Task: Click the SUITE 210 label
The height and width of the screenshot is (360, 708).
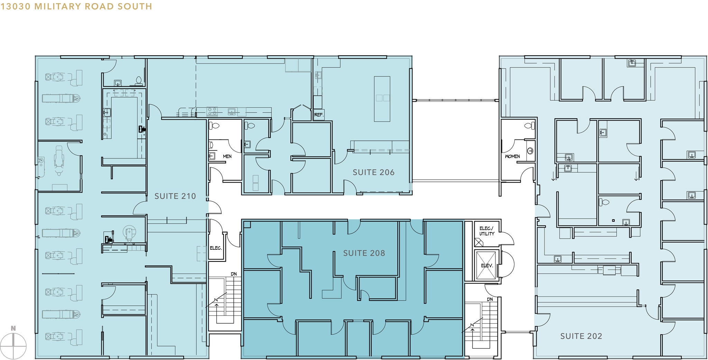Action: [175, 196]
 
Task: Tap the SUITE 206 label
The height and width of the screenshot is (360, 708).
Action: [373, 172]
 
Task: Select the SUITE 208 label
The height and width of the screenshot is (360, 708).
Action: [364, 253]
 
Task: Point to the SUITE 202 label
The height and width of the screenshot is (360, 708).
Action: [581, 336]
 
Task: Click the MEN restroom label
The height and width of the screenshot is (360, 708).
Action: [227, 156]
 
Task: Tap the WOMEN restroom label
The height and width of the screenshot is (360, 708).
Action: [512, 156]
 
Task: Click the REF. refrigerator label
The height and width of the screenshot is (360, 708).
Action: [319, 115]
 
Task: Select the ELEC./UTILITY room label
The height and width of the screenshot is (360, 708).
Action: [487, 231]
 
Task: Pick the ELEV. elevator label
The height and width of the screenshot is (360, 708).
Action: [487, 266]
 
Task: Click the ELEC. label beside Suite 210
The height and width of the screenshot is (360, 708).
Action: [216, 248]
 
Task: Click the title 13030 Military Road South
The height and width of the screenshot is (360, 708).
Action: [76, 6]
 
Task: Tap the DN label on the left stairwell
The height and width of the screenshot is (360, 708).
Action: [234, 274]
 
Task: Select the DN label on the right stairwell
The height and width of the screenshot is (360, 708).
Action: [490, 299]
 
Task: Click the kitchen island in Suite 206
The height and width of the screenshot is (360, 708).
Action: [382, 99]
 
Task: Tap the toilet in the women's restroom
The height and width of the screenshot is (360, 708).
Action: [530, 126]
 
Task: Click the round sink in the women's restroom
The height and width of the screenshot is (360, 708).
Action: [530, 151]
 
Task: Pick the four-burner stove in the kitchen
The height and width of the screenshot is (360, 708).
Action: [212, 111]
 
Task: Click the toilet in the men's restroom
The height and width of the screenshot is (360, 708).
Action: [214, 126]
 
